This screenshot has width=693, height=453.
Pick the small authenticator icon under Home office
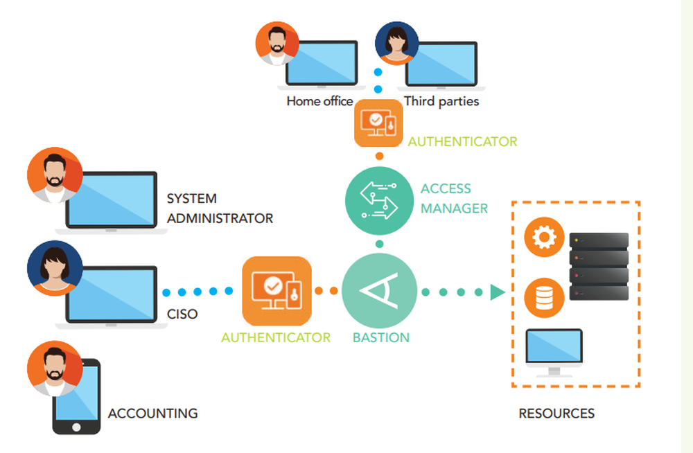point(378,123)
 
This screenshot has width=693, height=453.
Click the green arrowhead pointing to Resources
point(497,292)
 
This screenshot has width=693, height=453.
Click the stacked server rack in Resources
point(599,267)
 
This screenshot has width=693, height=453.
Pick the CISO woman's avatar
point(54,268)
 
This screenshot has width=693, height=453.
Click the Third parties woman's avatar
point(396,43)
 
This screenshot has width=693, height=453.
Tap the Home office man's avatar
point(277,43)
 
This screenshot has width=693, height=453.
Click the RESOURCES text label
point(556,414)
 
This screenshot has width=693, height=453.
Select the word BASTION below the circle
point(380,338)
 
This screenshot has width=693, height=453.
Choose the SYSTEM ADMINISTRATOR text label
point(220,208)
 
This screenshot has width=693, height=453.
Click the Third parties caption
point(441,101)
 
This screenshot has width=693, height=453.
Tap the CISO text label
point(182,314)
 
